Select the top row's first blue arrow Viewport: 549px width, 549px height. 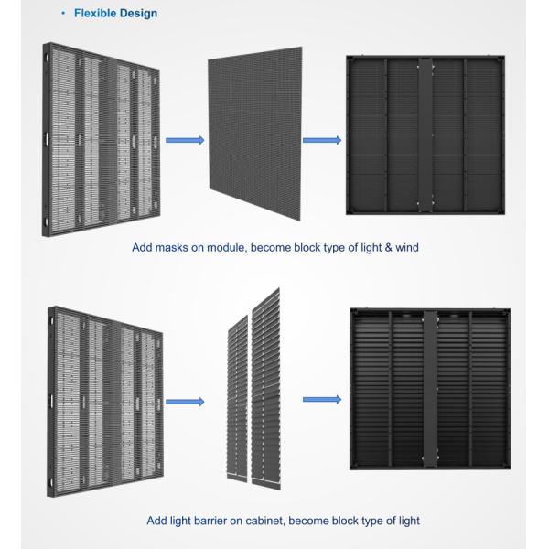(184, 141)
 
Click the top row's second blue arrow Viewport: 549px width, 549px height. (321, 141)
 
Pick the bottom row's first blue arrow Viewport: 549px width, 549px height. (184, 400)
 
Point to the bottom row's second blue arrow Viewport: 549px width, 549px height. (321, 400)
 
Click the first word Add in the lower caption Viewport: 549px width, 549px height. (157, 521)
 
